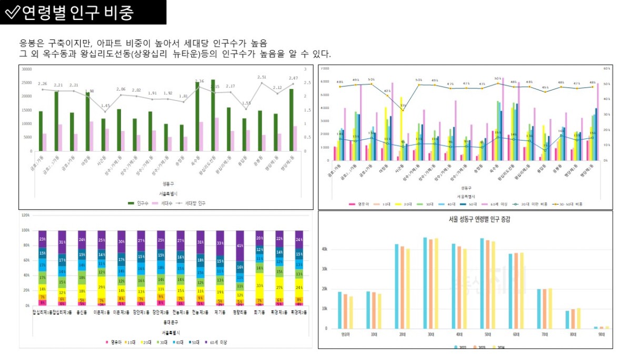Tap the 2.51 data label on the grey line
262,77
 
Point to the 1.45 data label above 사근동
106,106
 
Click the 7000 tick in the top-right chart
325,68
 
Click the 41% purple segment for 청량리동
240,246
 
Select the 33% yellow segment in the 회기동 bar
259,285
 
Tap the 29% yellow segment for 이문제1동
102,287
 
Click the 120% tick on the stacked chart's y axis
25,215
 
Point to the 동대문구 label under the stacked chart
170,322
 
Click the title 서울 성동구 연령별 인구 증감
465,219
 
